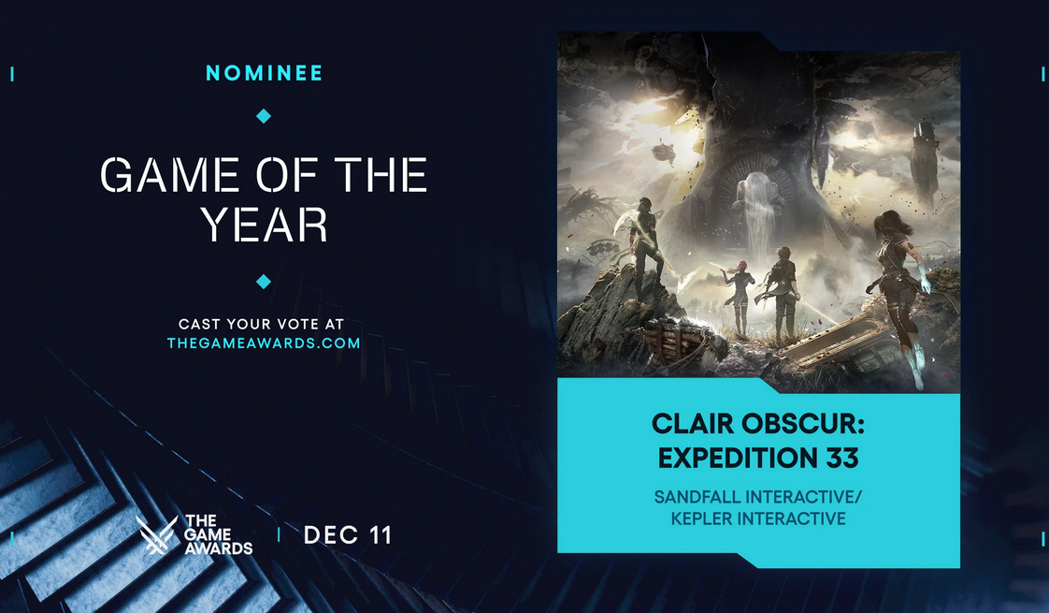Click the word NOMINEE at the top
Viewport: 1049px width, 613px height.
click(x=265, y=73)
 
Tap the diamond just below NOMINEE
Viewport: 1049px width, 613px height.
click(x=264, y=116)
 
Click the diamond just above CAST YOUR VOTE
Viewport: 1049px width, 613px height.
click(x=264, y=282)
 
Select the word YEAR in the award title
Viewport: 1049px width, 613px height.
click(x=265, y=224)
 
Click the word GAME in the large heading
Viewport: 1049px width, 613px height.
click(x=169, y=175)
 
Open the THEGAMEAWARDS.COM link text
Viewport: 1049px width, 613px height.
click(x=264, y=343)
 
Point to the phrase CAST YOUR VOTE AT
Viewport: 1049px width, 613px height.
click(x=262, y=324)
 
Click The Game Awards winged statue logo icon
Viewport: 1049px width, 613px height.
click(x=156, y=534)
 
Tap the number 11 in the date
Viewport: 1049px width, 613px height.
click(x=380, y=534)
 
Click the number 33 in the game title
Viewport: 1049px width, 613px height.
click(x=841, y=459)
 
